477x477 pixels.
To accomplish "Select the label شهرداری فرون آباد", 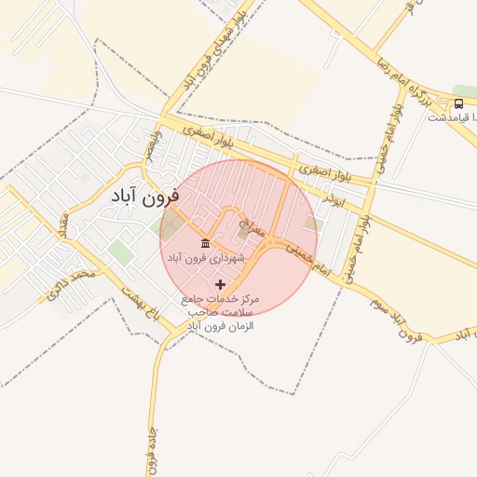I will pos(207,256).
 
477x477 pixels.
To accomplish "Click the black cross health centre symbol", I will pos(220,283).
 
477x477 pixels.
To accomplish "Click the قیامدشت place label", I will pos(451,117).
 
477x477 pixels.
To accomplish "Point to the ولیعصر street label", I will pos(148,147).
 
